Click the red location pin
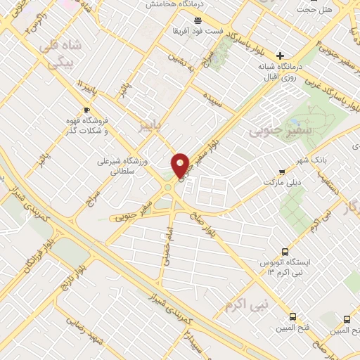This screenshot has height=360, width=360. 181,166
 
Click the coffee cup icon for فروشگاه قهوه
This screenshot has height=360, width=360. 86,110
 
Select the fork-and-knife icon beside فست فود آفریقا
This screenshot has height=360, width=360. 178,32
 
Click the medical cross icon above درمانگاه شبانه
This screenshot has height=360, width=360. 281,56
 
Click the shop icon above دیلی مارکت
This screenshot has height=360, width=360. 282,171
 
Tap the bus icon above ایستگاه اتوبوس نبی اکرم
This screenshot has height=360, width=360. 285,251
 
